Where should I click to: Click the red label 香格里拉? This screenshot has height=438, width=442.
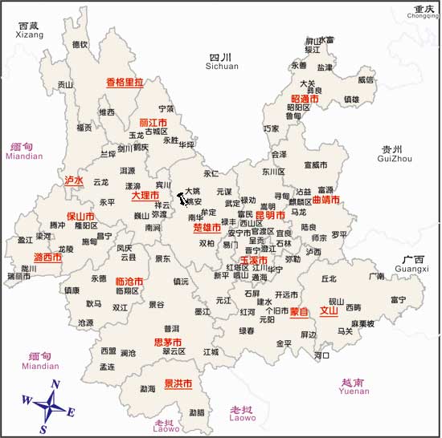125,82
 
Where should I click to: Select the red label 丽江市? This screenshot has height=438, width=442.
153,123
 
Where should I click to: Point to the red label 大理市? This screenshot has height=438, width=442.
145,195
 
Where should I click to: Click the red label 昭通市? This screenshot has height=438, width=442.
304,99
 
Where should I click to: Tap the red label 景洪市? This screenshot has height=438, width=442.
178,383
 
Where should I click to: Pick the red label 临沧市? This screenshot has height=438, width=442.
129,282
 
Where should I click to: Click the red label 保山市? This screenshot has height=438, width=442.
80,217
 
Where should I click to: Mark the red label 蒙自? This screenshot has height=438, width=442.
299,310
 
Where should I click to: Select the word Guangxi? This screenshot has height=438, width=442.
413,269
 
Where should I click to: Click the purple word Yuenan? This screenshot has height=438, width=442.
354,392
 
